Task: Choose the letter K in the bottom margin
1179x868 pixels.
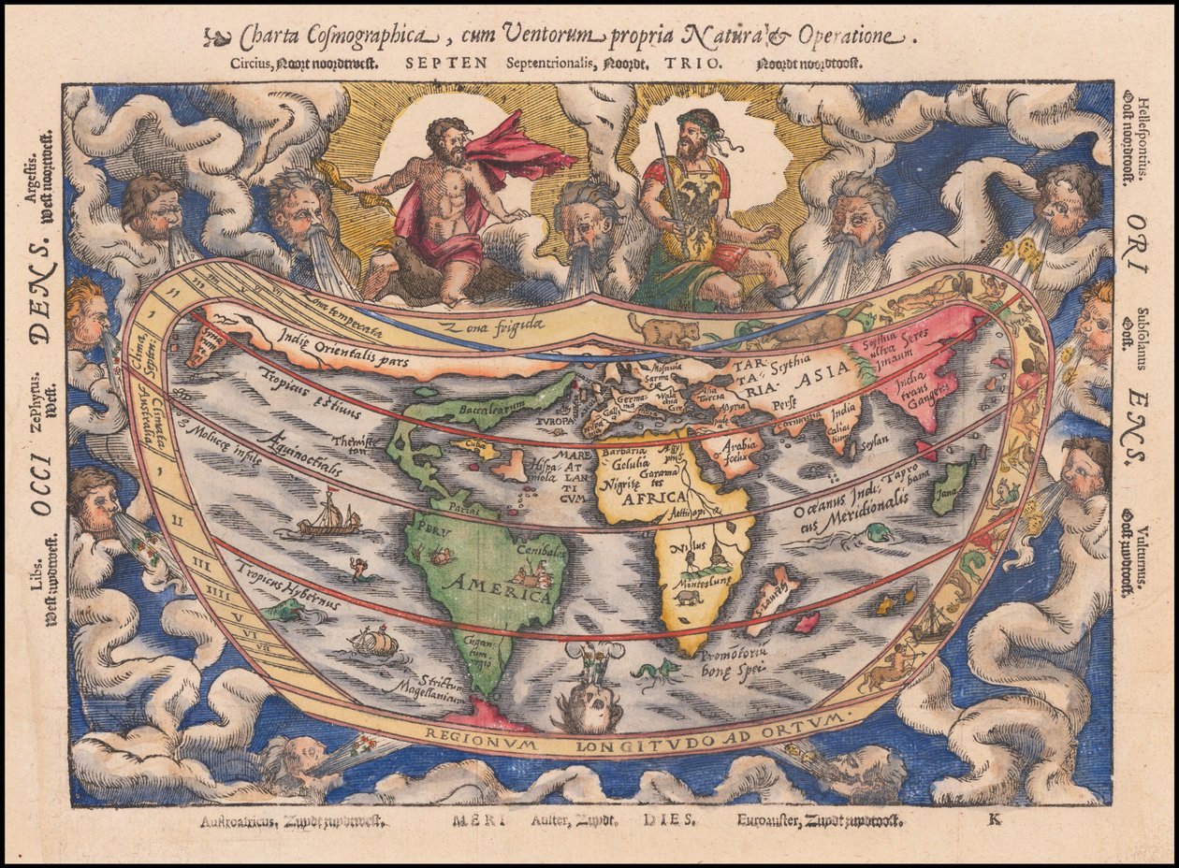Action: coord(993,821)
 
